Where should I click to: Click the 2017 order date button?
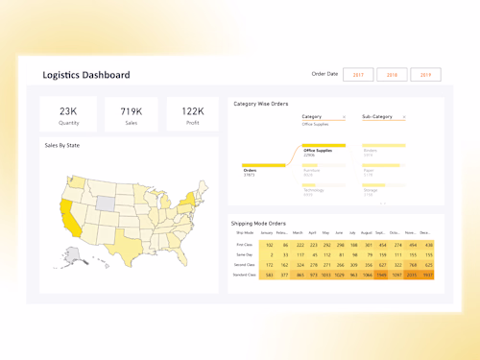click(357, 74)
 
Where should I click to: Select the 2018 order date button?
click(392, 74)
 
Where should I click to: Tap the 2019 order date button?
click(425, 74)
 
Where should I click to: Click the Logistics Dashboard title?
click(86, 75)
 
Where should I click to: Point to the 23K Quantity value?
click(68, 111)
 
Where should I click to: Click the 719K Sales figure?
click(132, 111)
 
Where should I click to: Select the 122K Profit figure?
click(192, 111)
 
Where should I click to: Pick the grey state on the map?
click(105, 204)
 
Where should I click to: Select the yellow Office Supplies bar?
click(324, 145)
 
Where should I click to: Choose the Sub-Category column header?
click(380, 116)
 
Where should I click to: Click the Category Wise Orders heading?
click(261, 103)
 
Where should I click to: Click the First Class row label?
click(245, 245)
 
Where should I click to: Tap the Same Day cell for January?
click(270, 254)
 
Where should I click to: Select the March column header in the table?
click(298, 232)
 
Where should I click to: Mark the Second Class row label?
click(245, 265)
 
